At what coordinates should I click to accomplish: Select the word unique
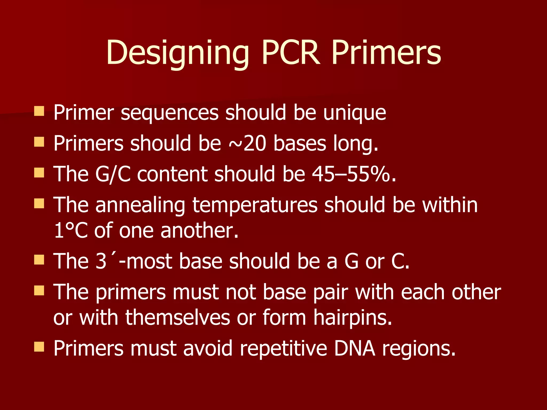click(x=354, y=113)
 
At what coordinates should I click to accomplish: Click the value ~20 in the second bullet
click(x=247, y=144)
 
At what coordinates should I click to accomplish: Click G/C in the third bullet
click(x=113, y=174)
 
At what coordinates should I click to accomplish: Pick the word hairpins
click(x=353, y=318)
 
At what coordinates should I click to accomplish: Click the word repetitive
click(x=283, y=348)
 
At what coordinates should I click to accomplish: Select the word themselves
click(x=178, y=318)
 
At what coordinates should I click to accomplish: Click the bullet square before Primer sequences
click(x=39, y=111)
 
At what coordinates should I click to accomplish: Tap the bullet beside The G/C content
click(x=39, y=173)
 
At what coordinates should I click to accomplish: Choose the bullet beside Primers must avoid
click(x=39, y=347)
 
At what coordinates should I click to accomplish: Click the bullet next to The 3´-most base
click(x=39, y=259)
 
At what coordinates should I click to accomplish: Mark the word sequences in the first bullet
click(x=170, y=113)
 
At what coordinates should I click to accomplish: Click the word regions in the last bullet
click(x=419, y=349)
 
